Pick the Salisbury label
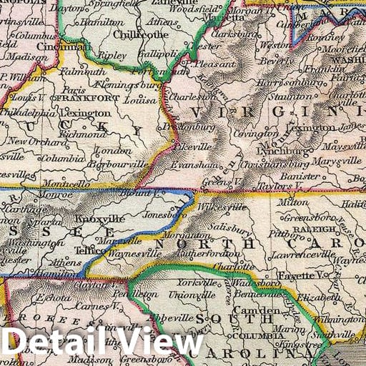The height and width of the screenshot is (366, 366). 228,227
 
